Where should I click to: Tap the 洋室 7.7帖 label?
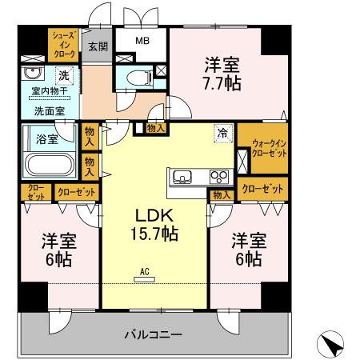221,74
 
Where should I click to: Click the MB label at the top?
141,40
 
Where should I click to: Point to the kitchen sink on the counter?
180,176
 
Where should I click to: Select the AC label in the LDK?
145,271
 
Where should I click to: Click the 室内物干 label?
47,94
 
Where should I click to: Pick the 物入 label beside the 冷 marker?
156,127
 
